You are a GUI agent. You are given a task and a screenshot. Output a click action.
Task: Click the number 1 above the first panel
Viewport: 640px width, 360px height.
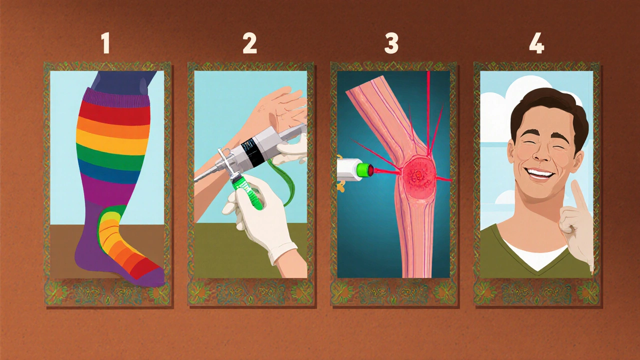click(105, 44)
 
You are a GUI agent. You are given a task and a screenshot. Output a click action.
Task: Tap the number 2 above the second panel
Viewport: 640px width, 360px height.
click(249, 44)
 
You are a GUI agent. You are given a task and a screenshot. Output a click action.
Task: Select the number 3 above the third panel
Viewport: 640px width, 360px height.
click(391, 44)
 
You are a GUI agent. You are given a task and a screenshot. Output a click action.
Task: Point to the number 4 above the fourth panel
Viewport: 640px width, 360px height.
click(536, 44)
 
